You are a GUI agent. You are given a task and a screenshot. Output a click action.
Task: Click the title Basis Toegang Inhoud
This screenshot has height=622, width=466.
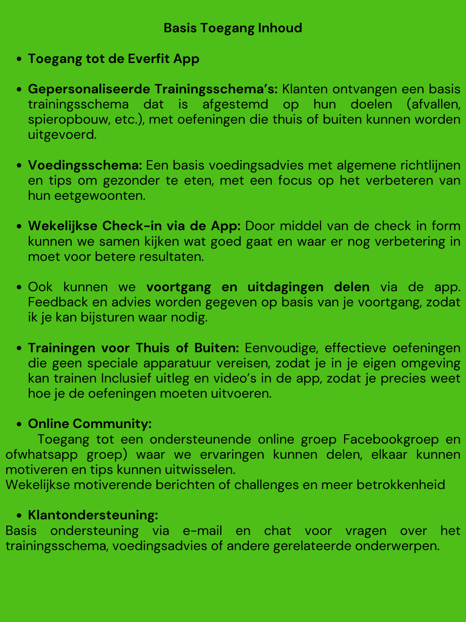pyautogui.click(x=233, y=28)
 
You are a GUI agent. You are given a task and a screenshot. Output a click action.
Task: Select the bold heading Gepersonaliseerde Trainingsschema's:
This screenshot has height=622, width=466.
pyautogui.click(x=153, y=89)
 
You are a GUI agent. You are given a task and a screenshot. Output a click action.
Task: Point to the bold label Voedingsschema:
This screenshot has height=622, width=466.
pyautogui.click(x=85, y=165)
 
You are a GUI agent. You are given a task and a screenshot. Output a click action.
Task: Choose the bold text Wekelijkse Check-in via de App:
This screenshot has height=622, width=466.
pyautogui.click(x=134, y=226)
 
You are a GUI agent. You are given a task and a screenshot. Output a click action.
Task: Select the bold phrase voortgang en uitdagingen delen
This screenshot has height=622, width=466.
pyautogui.click(x=258, y=287)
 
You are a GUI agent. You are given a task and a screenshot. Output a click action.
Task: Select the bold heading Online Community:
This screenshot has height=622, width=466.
pyautogui.click(x=90, y=424)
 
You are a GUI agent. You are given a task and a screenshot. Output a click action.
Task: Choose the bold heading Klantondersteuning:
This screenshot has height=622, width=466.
pyautogui.click(x=93, y=515)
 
